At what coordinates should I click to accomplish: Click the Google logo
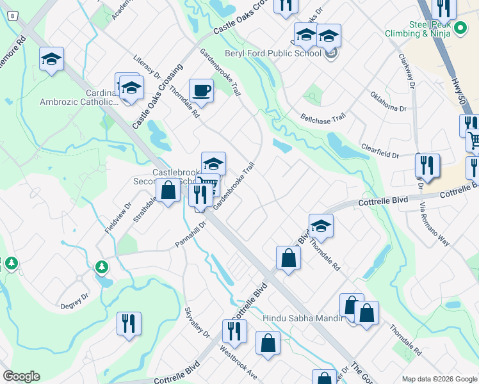pos(21,376)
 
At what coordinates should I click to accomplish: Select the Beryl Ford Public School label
pos(272,54)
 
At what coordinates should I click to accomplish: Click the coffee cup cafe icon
pos(201,91)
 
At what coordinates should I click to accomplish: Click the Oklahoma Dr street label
pos(388,102)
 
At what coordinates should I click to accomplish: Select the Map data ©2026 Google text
pos(439,378)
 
